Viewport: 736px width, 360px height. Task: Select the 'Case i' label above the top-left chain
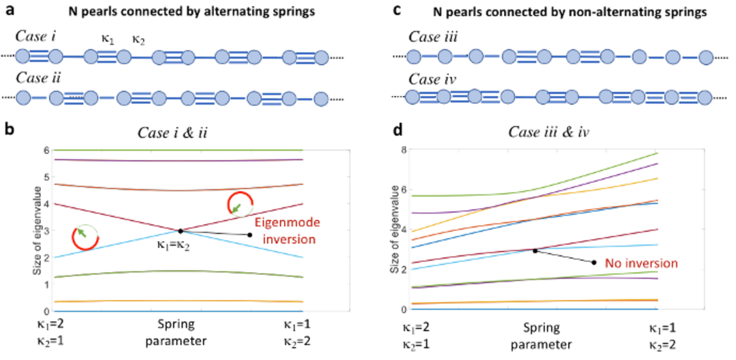click(35, 36)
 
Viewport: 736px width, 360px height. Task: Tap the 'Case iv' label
click(432, 79)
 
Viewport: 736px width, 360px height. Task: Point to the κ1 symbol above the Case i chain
click(108, 39)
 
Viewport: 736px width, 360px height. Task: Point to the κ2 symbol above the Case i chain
click(138, 40)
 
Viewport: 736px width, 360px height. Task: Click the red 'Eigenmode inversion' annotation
click(287, 231)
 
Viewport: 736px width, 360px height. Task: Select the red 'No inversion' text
click(641, 263)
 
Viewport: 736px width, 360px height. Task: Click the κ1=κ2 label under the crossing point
click(173, 244)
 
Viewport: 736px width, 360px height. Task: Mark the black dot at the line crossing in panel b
click(180, 231)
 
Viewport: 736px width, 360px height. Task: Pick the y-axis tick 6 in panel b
click(46, 150)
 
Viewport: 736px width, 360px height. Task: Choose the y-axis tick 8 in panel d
click(404, 150)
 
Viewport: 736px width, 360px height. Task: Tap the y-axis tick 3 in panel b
click(46, 231)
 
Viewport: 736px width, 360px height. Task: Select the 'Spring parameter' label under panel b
click(176, 332)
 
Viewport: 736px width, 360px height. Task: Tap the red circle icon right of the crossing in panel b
click(241, 204)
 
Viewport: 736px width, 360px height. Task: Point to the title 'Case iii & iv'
click(548, 132)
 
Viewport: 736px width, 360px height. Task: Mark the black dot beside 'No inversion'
click(594, 263)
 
